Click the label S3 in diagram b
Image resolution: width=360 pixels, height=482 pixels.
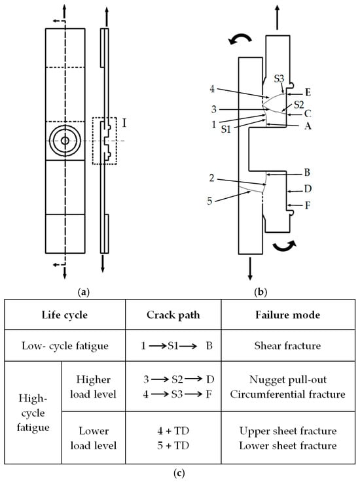pyautogui.click(x=279, y=79)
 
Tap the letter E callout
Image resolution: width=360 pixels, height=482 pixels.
pyautogui.click(x=308, y=92)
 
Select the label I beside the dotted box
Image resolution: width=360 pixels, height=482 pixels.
pyautogui.click(x=124, y=123)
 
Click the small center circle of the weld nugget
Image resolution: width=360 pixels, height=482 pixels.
pyautogui.click(x=65, y=141)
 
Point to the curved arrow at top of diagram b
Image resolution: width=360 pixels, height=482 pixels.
pyautogui.click(x=240, y=39)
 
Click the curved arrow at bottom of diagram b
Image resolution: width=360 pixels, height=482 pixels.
pyautogui.click(x=285, y=245)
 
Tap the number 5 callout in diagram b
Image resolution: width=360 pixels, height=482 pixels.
pyautogui.click(x=209, y=201)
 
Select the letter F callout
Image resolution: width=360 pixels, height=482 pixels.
pyautogui.click(x=307, y=205)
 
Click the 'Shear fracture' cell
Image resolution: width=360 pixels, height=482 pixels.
pyautogui.click(x=287, y=346)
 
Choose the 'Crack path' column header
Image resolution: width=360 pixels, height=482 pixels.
pyautogui.click(x=173, y=315)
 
